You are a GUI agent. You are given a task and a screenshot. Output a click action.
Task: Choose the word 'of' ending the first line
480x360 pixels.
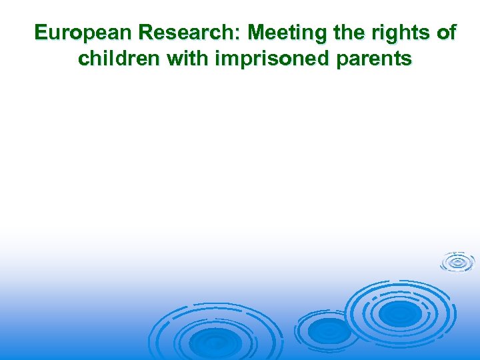click(x=444, y=33)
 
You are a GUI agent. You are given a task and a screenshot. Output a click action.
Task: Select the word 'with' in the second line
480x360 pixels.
click(x=188, y=59)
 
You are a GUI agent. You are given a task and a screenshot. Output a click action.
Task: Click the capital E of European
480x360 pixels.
click(x=41, y=33)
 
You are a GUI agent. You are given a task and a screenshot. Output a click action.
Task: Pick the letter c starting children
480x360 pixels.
click(x=83, y=59)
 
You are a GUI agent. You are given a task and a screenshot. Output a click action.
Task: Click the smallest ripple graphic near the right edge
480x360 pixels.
click(x=457, y=262)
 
